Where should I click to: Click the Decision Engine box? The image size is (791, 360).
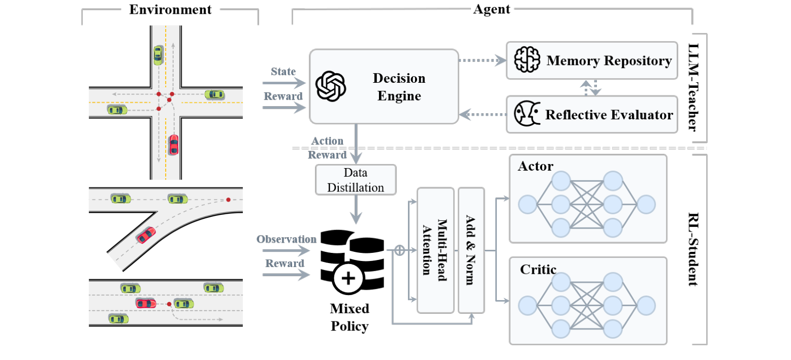point(384,86)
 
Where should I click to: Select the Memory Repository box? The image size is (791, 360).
point(592,60)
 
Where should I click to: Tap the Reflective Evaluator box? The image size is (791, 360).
point(592,114)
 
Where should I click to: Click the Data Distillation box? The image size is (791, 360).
point(356,180)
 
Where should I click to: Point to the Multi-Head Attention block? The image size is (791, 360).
point(435,250)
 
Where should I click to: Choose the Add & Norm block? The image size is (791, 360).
point(471,250)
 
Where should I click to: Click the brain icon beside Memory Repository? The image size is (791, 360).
point(526,60)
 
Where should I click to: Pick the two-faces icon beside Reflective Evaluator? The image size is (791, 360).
point(525,114)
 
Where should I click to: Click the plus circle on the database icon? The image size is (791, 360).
point(349,279)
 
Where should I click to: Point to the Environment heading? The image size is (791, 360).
point(170,9)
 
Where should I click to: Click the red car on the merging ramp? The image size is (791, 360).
point(146,234)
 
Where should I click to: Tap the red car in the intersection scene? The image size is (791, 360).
point(174,144)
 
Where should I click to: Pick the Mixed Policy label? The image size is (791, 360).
point(350,317)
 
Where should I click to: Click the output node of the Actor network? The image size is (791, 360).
point(646,205)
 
